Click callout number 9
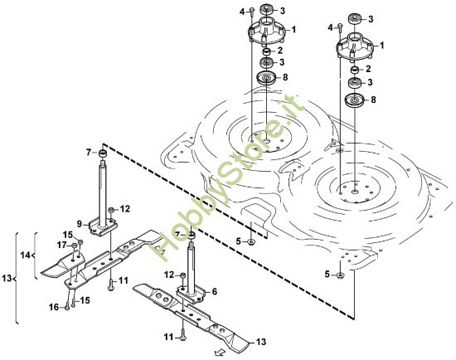[80, 224]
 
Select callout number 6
[214, 291]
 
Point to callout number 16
[52, 307]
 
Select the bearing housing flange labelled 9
[104, 222]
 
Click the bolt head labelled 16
[65, 304]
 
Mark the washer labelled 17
[73, 246]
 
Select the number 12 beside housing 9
[125, 208]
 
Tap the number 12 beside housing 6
[168, 274]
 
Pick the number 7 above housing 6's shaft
[177, 235]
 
